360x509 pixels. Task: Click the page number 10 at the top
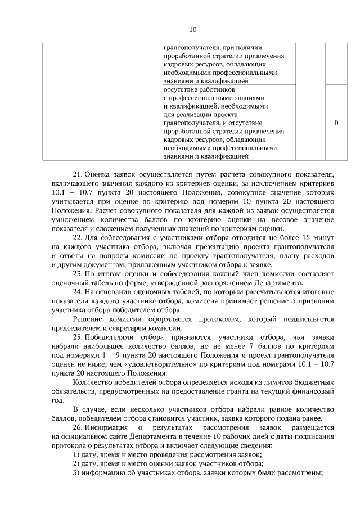192,29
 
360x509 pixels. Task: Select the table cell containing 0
336,123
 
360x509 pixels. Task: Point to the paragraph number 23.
78,274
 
